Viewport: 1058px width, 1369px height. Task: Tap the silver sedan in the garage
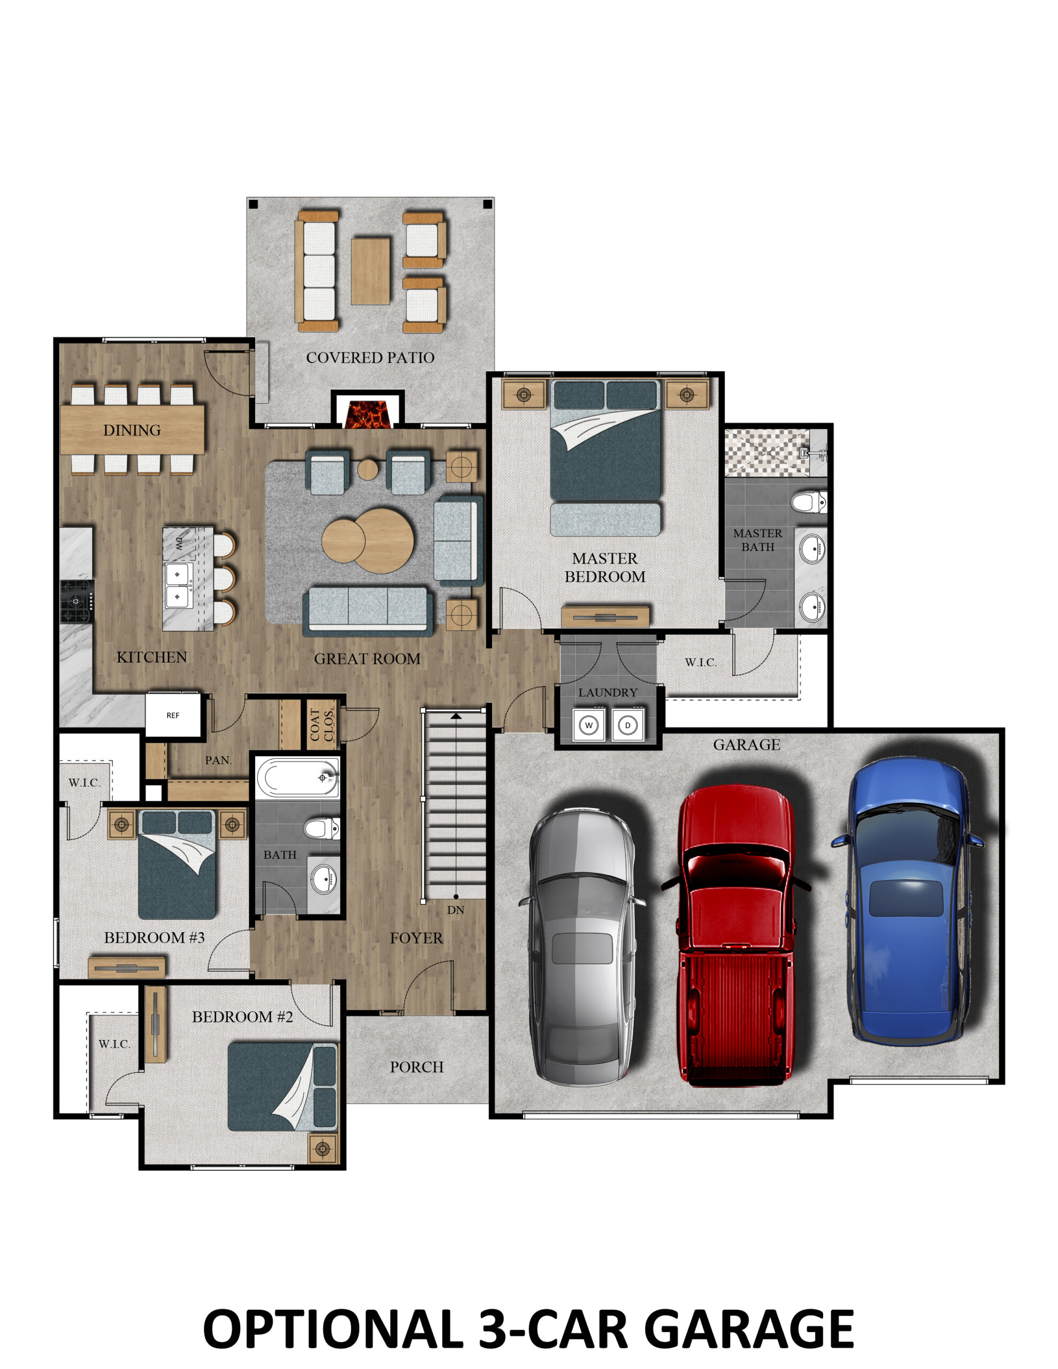pos(581,947)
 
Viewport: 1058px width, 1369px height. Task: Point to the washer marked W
pos(589,725)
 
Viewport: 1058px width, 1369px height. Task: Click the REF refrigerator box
pos(173,714)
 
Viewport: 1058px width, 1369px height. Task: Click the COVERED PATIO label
pos(370,357)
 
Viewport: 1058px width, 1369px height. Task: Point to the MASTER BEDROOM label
pos(604,567)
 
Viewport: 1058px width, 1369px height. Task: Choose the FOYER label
pos(417,938)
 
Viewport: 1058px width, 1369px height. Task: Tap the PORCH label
pos(417,1067)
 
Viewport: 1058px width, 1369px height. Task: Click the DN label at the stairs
pos(456,910)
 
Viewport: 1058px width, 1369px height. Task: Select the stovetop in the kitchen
pos(76,601)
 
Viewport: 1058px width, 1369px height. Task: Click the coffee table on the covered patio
pos(370,271)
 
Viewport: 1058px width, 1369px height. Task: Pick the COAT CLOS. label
pos(321,725)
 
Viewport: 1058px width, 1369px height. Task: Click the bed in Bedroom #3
pos(178,865)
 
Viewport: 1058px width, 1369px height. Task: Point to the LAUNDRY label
pos(608,692)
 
